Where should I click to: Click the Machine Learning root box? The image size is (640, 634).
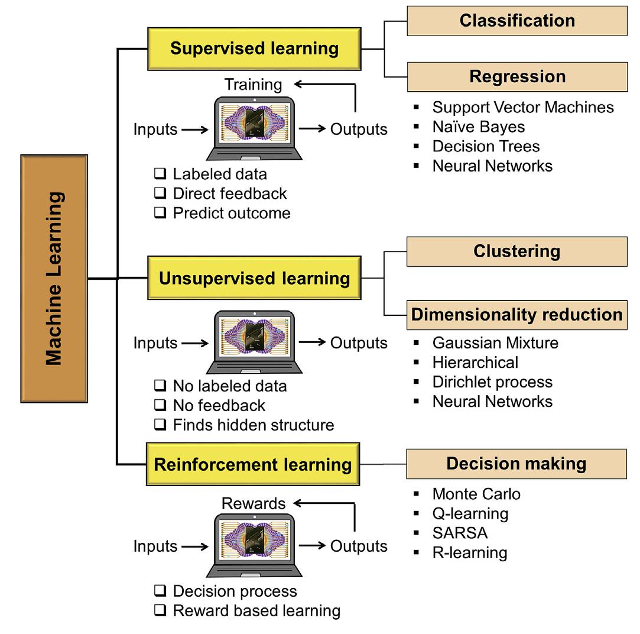54,279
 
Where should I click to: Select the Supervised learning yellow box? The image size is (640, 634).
254,48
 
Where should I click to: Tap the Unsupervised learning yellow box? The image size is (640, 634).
254,278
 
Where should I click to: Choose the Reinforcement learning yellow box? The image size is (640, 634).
252,464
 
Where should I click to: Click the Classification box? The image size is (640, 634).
516,21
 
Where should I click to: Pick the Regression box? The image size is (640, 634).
516,77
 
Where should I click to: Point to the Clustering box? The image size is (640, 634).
516,251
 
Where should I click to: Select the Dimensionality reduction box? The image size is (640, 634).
516,314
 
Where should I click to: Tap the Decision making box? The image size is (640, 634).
516,464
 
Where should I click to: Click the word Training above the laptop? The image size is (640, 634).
253,85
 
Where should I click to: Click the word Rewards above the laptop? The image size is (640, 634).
253,504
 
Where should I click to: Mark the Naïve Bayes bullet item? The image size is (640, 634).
478,127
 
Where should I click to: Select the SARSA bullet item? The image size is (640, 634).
460,533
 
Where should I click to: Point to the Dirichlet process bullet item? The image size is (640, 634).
492,381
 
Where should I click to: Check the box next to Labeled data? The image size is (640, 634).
160,174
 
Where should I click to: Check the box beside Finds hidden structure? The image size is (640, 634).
160,425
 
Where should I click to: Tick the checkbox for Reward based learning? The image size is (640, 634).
160,611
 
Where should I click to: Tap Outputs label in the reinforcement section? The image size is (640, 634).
359,546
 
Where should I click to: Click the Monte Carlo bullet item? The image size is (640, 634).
476,494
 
